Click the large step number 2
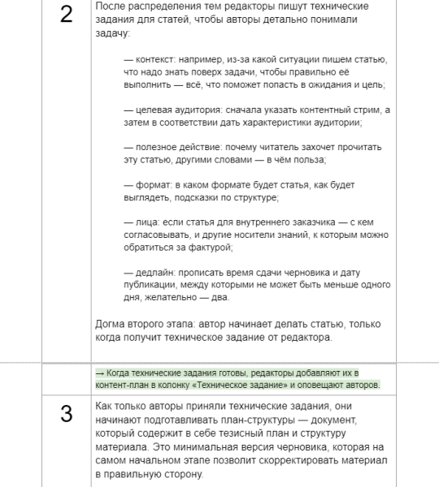point(67,18)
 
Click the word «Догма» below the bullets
point(112,324)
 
